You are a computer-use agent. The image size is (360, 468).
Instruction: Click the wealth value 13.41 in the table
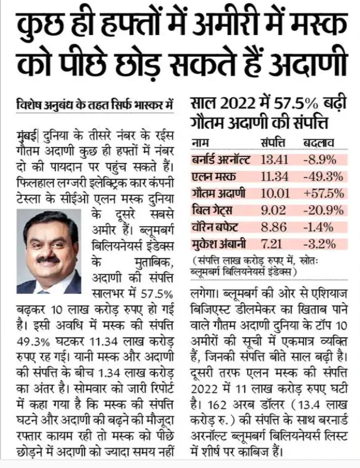pos(275,160)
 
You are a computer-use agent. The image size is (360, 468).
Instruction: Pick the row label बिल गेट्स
pos(212,211)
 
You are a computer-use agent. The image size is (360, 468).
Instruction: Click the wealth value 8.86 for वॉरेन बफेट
pos(274,228)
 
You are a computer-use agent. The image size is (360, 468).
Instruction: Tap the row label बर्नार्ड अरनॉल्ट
pos(221,160)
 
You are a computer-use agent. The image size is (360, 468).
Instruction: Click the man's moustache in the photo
pos(48,259)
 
